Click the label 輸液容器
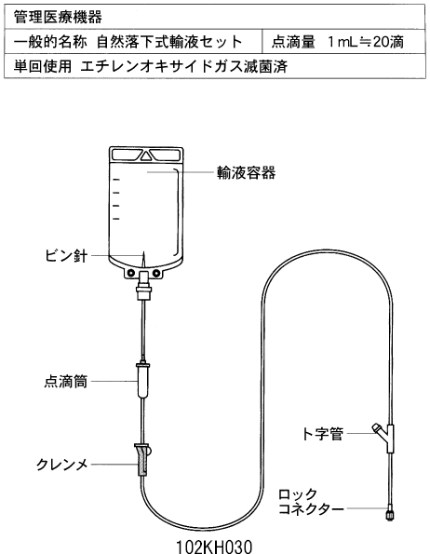pyautogui.click(x=246, y=173)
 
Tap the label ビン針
pyautogui.click(x=66, y=255)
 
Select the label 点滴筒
pyautogui.click(x=66, y=382)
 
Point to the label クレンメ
pyautogui.click(x=62, y=465)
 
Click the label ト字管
pyautogui.click(x=322, y=434)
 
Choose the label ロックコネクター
pyautogui.click(x=310, y=502)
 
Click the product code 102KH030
pyautogui.click(x=214, y=547)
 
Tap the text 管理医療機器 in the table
pyautogui.click(x=58, y=17)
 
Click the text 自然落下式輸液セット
pyautogui.click(x=169, y=42)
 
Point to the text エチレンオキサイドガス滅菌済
pyautogui.click(x=184, y=66)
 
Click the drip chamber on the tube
pyautogui.click(x=143, y=380)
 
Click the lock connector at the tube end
pyautogui.click(x=389, y=513)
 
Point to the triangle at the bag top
pyautogui.click(x=146, y=155)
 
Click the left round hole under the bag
pyautogui.click(x=131, y=273)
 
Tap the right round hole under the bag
pyautogui.click(x=155, y=273)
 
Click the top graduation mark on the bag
pyautogui.click(x=116, y=180)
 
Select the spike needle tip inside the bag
pyautogui.click(x=143, y=252)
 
